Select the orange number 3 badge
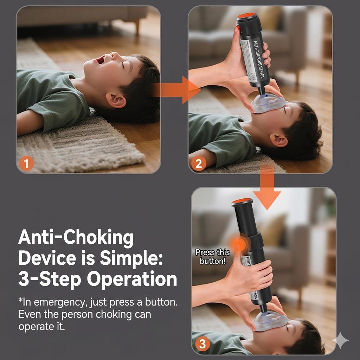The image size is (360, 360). [x=202, y=343]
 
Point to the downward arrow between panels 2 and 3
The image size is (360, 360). [x=267, y=190]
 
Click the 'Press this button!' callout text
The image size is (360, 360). [x=212, y=257]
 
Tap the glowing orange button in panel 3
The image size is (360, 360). [x=240, y=243]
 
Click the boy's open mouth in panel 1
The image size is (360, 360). [x=101, y=60]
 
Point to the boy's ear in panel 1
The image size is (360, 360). [x=116, y=100]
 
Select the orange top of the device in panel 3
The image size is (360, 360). [x=242, y=201]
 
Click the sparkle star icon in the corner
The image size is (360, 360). [x=340, y=340]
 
